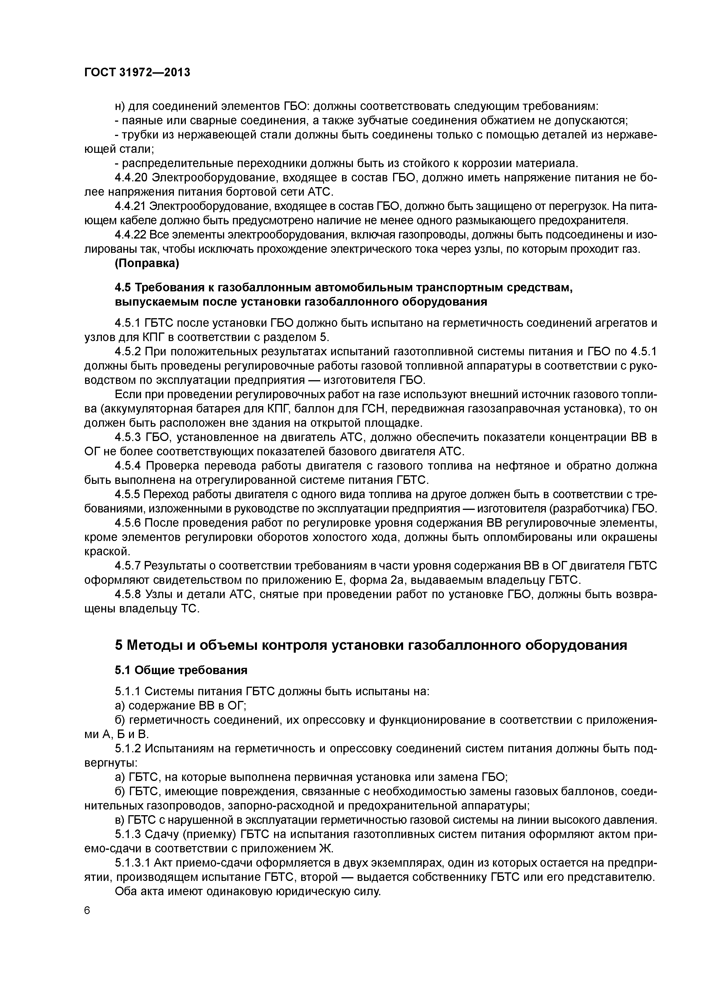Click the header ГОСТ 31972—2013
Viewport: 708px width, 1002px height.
(137, 73)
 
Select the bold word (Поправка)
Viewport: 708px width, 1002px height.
(146, 264)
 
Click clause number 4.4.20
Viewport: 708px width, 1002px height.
(131, 178)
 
